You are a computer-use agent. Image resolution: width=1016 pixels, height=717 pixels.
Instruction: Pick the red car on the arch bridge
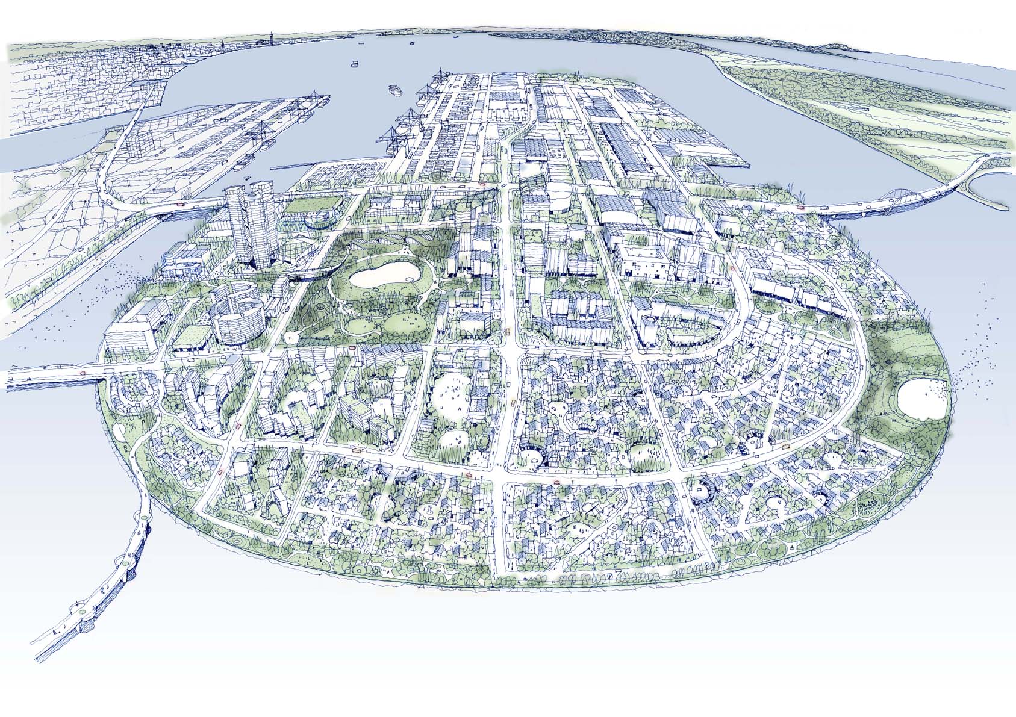(800, 207)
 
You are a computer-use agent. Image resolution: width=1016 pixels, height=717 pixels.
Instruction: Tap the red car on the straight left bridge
(83, 373)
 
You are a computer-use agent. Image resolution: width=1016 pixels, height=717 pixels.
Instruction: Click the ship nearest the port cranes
(394, 90)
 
